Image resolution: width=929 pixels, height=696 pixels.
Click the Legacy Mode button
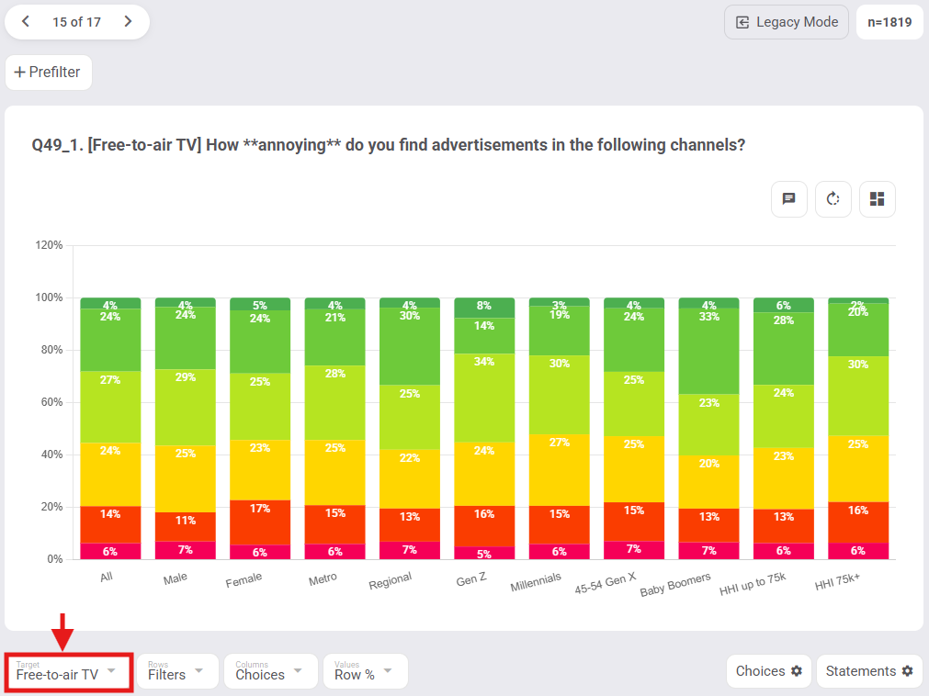tap(786, 22)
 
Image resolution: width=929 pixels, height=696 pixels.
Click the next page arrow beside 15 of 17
tap(128, 22)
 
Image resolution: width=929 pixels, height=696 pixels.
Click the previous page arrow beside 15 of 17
tap(26, 22)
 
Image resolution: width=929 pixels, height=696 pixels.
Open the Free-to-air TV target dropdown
tap(68, 672)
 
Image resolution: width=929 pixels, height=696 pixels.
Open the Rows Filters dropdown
tap(177, 672)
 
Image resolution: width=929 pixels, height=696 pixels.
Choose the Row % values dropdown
tap(365, 672)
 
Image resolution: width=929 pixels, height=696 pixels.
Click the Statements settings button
tap(868, 671)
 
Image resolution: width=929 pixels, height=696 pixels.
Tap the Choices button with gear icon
tap(768, 671)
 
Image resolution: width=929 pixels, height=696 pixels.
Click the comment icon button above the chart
tap(788, 199)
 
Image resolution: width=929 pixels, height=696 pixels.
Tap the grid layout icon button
tap(877, 199)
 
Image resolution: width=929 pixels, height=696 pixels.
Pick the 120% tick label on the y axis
tap(49, 245)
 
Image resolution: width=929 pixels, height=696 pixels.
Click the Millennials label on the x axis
tap(536, 583)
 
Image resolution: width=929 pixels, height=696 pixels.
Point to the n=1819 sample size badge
tap(889, 22)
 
